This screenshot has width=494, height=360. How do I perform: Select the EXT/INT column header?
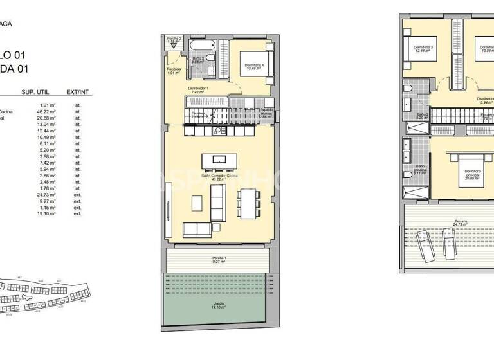(x=77, y=93)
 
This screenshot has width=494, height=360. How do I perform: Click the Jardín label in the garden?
(x=215, y=304)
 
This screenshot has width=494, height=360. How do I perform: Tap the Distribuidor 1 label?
(x=197, y=89)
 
